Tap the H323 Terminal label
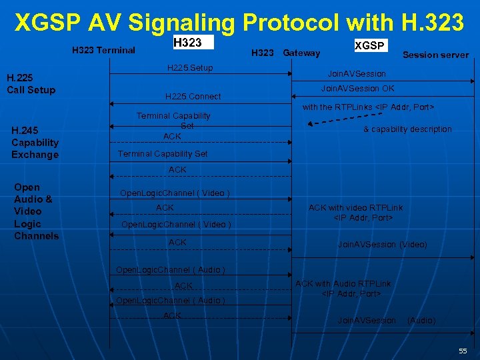[103, 50]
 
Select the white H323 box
[192, 43]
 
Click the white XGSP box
[370, 45]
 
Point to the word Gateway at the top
[301, 53]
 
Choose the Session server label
[435, 55]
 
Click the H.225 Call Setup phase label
[31, 84]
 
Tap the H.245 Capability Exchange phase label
[35, 142]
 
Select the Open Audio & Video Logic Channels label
[36, 211]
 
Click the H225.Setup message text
[190, 68]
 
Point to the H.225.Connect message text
[193, 97]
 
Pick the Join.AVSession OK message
[357, 89]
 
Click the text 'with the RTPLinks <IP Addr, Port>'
[369, 107]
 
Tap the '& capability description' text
[407, 129]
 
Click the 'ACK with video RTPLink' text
[355, 208]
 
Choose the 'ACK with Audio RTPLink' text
[343, 284]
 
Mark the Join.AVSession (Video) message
[382, 245]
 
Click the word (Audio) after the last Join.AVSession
[421, 321]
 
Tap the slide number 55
[463, 351]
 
